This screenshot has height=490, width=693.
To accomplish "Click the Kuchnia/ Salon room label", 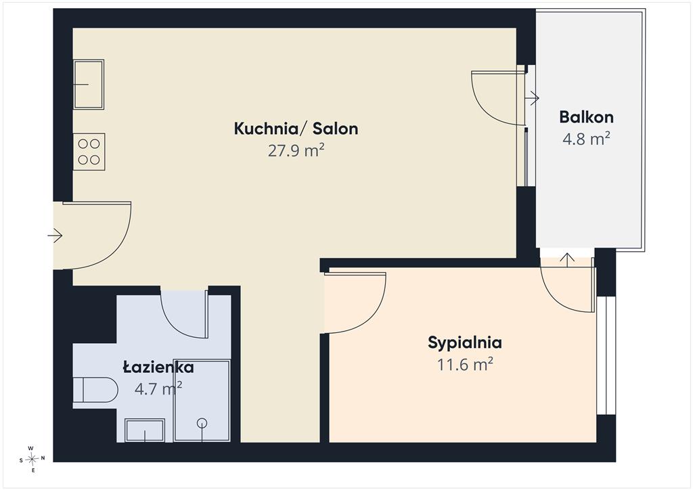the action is (x=296, y=129).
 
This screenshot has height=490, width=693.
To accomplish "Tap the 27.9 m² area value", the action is (x=296, y=150).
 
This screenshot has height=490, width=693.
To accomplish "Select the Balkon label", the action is (x=586, y=117).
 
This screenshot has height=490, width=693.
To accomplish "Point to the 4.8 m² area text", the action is (x=586, y=139).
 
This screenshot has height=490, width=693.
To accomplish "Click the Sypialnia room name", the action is (x=464, y=343).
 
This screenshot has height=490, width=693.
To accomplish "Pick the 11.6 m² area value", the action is (x=465, y=365).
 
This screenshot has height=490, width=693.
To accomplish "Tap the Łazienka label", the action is (x=158, y=367).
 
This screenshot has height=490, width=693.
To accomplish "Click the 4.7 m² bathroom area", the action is (x=158, y=388).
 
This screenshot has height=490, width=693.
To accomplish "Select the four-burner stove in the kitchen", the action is (x=89, y=152).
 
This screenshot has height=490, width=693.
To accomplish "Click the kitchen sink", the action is (x=89, y=85).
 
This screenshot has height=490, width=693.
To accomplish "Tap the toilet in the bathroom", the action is (x=95, y=390).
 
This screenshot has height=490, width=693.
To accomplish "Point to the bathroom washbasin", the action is (x=145, y=430).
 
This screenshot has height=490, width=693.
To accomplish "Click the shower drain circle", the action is (x=202, y=423).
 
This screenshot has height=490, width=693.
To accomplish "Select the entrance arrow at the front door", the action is (x=55, y=236).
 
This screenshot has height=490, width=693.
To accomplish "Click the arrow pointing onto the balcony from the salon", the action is (x=532, y=98).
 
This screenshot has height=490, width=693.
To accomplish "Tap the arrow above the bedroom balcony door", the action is (x=567, y=260).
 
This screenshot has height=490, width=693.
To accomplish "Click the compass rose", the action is (x=32, y=460).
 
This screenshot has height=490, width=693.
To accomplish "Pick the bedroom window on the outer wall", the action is (x=606, y=355).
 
